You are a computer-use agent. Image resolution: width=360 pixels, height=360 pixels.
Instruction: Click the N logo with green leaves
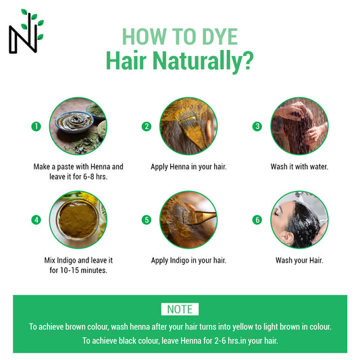click(x=26, y=32)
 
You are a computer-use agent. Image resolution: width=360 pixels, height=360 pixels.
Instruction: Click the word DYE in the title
click(x=220, y=36)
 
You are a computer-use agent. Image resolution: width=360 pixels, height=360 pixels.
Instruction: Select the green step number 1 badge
click(x=36, y=126)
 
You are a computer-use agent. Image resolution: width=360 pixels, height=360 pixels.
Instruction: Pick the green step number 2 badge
click(x=147, y=126)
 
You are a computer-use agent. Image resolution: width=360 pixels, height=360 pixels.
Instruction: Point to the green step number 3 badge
click(x=257, y=126)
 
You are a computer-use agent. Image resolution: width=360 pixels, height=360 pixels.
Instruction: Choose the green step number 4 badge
click(x=36, y=220)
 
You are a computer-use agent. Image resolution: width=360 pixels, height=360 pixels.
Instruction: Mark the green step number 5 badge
click(x=147, y=220)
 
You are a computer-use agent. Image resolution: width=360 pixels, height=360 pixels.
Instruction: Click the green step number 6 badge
click(x=257, y=220)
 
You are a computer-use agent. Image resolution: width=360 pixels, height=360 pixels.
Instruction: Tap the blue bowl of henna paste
click(x=74, y=121)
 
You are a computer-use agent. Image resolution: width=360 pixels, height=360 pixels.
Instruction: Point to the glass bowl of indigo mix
click(x=78, y=220)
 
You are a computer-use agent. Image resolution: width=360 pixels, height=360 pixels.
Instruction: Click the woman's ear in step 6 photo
click(x=287, y=238)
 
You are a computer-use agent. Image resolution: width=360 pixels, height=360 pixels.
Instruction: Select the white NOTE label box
click(x=180, y=309)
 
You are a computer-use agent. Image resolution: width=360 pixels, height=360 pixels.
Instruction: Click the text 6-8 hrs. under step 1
click(x=95, y=176)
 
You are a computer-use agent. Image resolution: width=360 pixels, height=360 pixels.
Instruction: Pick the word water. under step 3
click(x=319, y=167)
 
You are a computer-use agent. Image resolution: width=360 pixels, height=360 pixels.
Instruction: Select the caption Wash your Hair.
click(x=299, y=260)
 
